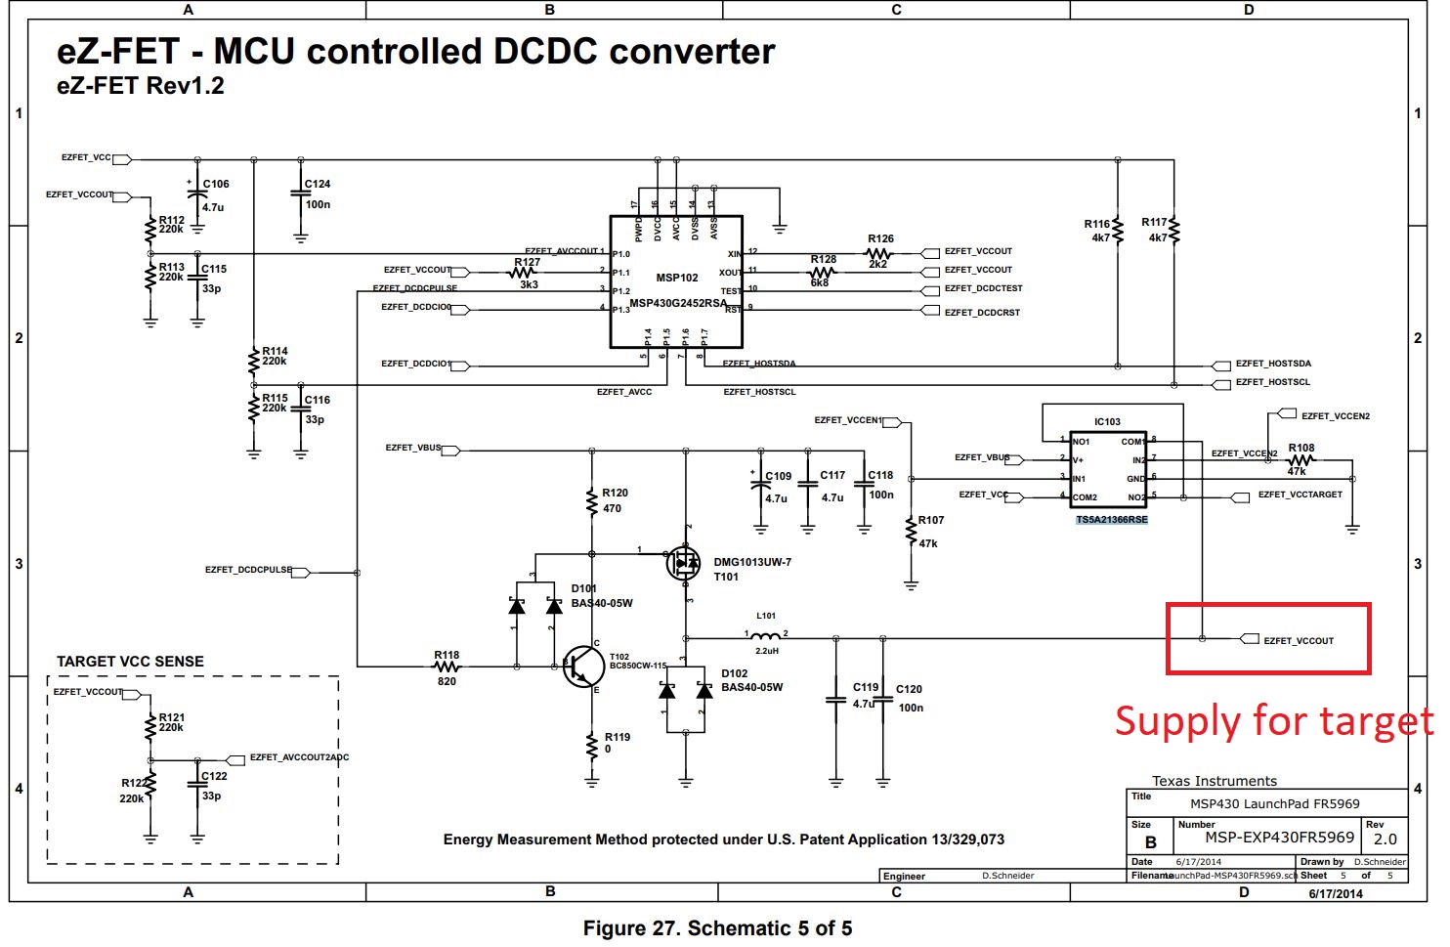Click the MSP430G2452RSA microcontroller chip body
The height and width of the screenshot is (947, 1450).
coord(676,282)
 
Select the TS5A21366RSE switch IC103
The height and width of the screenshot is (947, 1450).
coord(1108,469)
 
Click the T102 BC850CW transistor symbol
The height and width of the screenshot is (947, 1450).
coord(584,667)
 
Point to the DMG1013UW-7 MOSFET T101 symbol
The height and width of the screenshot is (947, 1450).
coord(684,564)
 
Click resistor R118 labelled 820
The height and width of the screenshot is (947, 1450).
coord(447,667)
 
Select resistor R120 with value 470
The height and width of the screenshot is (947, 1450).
coord(591,501)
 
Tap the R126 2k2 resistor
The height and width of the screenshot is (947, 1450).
coord(879,253)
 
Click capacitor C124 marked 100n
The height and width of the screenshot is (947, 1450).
coord(301,194)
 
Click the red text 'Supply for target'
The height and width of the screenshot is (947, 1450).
coord(1273,721)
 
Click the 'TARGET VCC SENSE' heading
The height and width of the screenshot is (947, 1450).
coord(130,662)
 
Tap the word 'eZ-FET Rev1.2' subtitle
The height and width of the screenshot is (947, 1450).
coord(141,86)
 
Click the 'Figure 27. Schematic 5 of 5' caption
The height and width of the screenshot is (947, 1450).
coord(717,928)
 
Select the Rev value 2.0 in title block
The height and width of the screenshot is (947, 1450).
coord(1385,839)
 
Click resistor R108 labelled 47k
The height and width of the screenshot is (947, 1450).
coord(1301,460)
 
